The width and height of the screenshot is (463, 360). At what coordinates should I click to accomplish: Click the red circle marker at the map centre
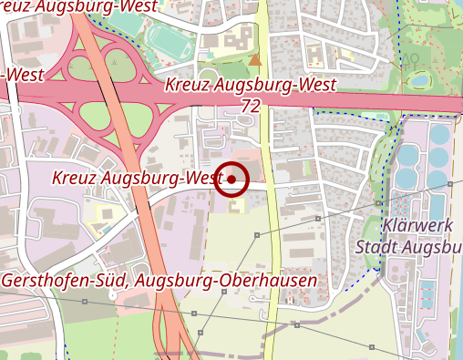231,180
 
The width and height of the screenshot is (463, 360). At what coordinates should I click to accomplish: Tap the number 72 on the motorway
252,106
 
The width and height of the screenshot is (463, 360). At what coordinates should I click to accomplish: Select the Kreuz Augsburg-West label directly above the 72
252,86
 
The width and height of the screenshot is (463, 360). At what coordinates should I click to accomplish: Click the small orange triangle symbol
255,60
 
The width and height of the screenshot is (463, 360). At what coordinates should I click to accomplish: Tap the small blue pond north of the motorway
419,80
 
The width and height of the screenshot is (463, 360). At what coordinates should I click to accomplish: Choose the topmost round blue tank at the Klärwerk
440,134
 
